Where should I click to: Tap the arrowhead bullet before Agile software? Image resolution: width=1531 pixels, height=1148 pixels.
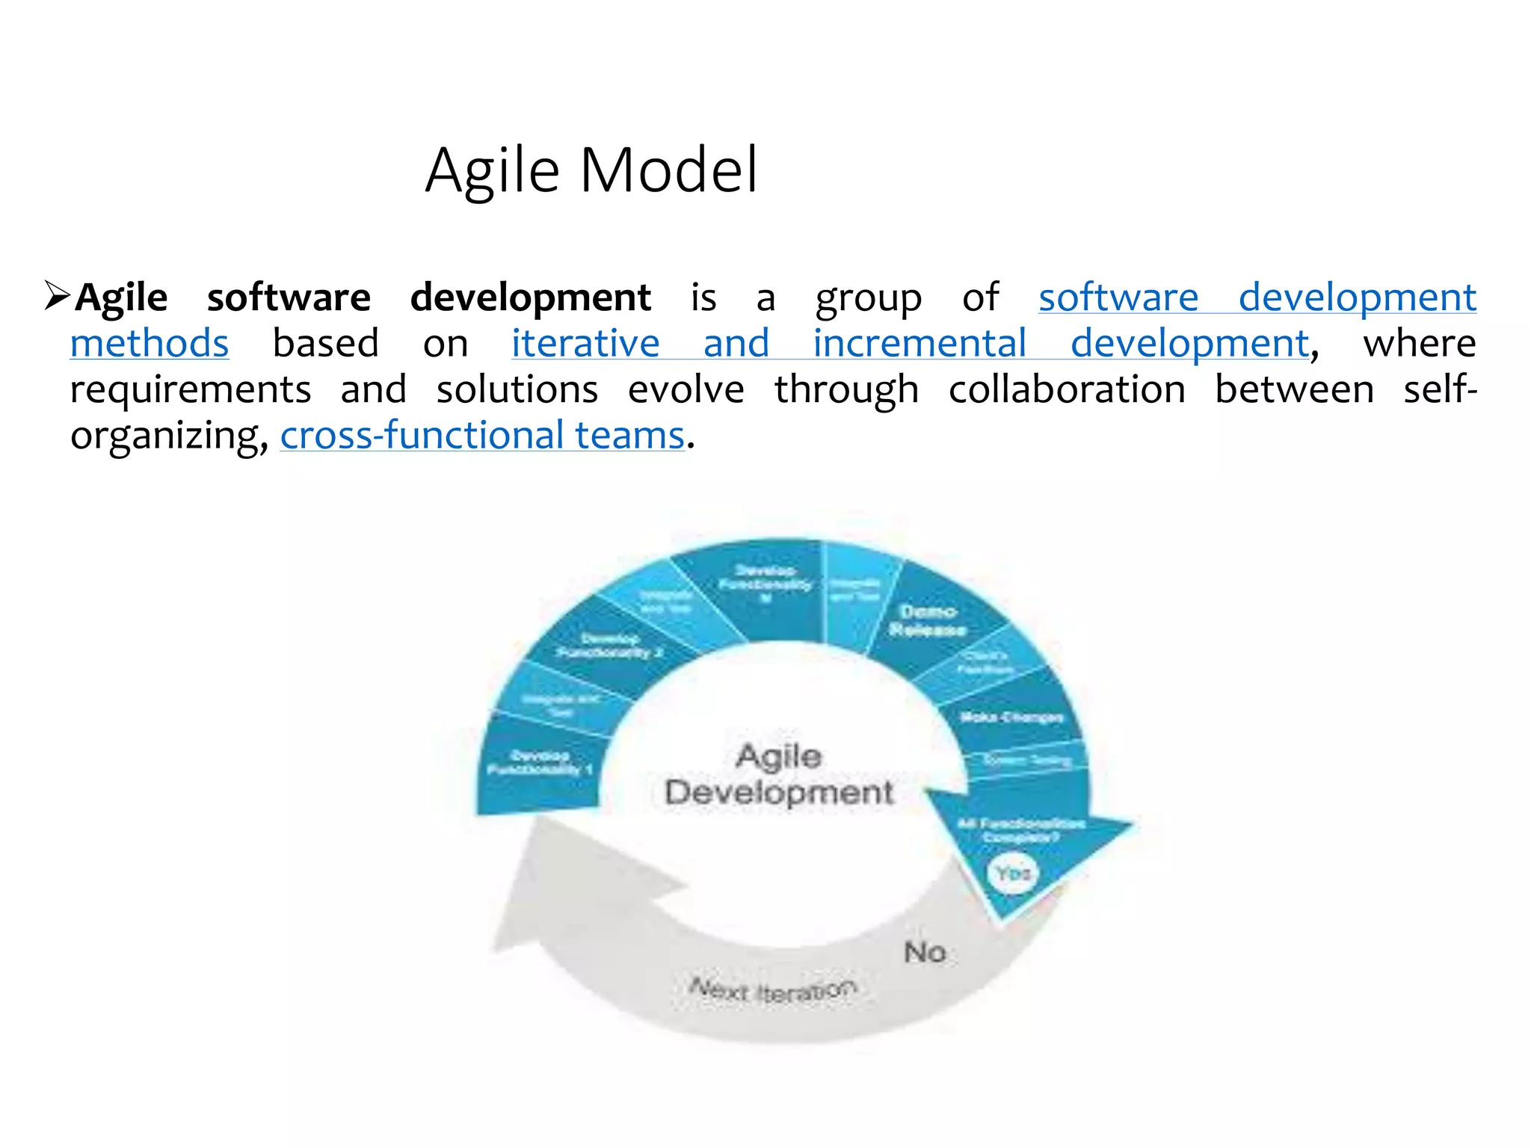click(56, 296)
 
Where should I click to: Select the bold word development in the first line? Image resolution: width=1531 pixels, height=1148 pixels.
click(530, 297)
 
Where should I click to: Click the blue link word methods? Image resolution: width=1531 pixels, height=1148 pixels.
click(150, 344)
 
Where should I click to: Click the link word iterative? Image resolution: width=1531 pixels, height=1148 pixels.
click(585, 344)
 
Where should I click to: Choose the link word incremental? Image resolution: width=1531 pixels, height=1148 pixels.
click(919, 344)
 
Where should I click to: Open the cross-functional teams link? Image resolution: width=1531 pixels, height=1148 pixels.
click(482, 436)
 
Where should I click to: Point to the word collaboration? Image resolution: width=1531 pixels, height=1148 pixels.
click(1067, 390)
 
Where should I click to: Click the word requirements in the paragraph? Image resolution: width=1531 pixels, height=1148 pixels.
click(191, 390)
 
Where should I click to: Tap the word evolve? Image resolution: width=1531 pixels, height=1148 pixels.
click(686, 390)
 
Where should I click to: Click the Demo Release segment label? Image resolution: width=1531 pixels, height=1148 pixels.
click(927, 621)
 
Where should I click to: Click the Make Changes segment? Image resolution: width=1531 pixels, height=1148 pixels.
click(1011, 717)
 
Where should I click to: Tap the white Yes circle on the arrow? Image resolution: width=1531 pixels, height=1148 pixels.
click(1013, 873)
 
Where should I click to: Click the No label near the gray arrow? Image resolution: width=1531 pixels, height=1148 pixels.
click(925, 952)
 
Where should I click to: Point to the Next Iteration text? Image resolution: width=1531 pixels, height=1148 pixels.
click(772, 990)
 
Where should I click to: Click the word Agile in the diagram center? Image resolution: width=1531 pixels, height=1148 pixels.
click(778, 756)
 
